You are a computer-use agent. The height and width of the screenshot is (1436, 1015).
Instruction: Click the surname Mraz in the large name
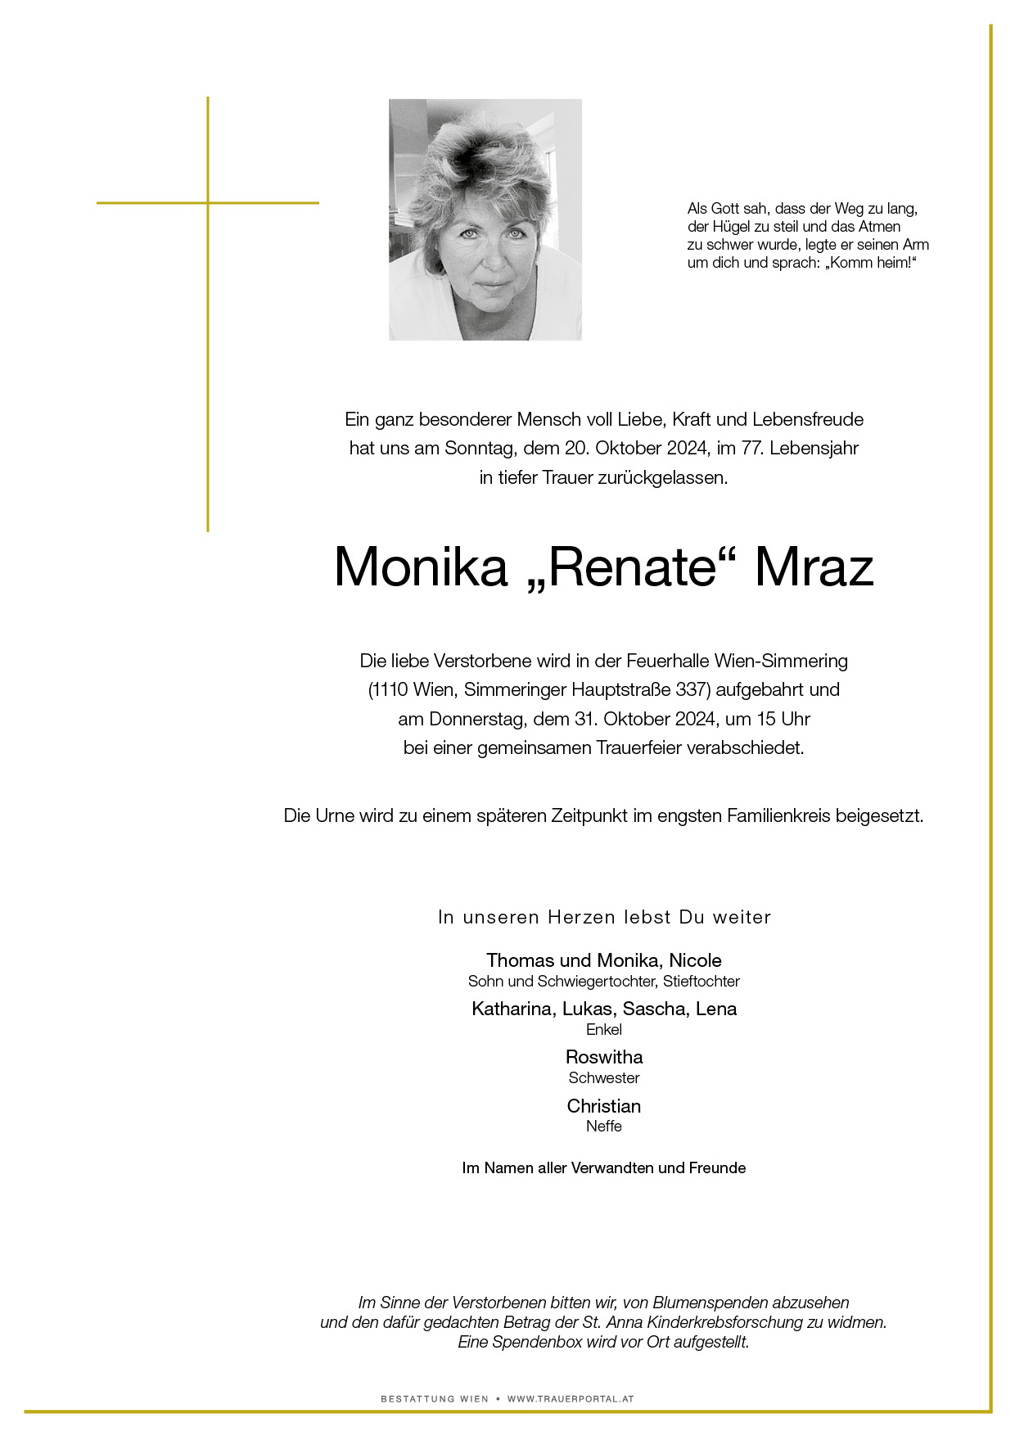pyautogui.click(x=814, y=567)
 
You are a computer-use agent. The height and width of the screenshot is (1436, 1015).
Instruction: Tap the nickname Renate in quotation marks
pyautogui.click(x=630, y=567)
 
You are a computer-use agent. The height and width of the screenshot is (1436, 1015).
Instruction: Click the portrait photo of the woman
pyautogui.click(x=485, y=219)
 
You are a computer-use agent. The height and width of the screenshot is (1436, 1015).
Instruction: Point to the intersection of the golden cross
pyautogui.click(x=208, y=202)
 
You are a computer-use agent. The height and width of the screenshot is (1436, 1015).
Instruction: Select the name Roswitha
pyautogui.click(x=604, y=1057)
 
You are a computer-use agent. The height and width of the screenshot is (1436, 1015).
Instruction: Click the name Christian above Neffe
pyautogui.click(x=604, y=1106)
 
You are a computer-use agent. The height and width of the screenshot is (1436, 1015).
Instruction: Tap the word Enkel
pyautogui.click(x=604, y=1030)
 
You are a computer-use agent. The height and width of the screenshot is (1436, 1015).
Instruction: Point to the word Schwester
pyautogui.click(x=604, y=1078)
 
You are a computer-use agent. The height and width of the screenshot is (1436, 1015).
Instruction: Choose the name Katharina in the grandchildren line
pyautogui.click(x=511, y=1009)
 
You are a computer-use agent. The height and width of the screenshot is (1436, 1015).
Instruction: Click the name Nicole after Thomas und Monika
pyautogui.click(x=696, y=960)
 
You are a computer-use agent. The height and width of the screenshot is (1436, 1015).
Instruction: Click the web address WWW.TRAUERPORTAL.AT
pyautogui.click(x=571, y=1399)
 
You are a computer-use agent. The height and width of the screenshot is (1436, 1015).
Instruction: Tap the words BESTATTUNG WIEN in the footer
pyautogui.click(x=435, y=1399)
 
